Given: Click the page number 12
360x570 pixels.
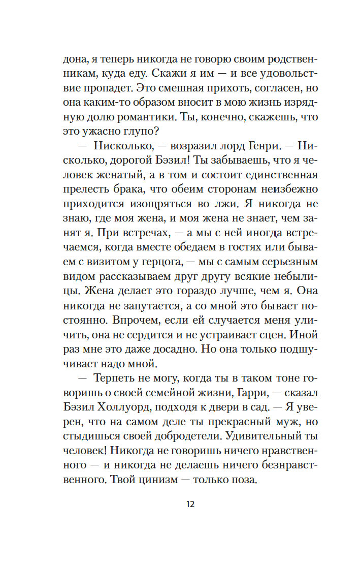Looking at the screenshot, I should point(190,504).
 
